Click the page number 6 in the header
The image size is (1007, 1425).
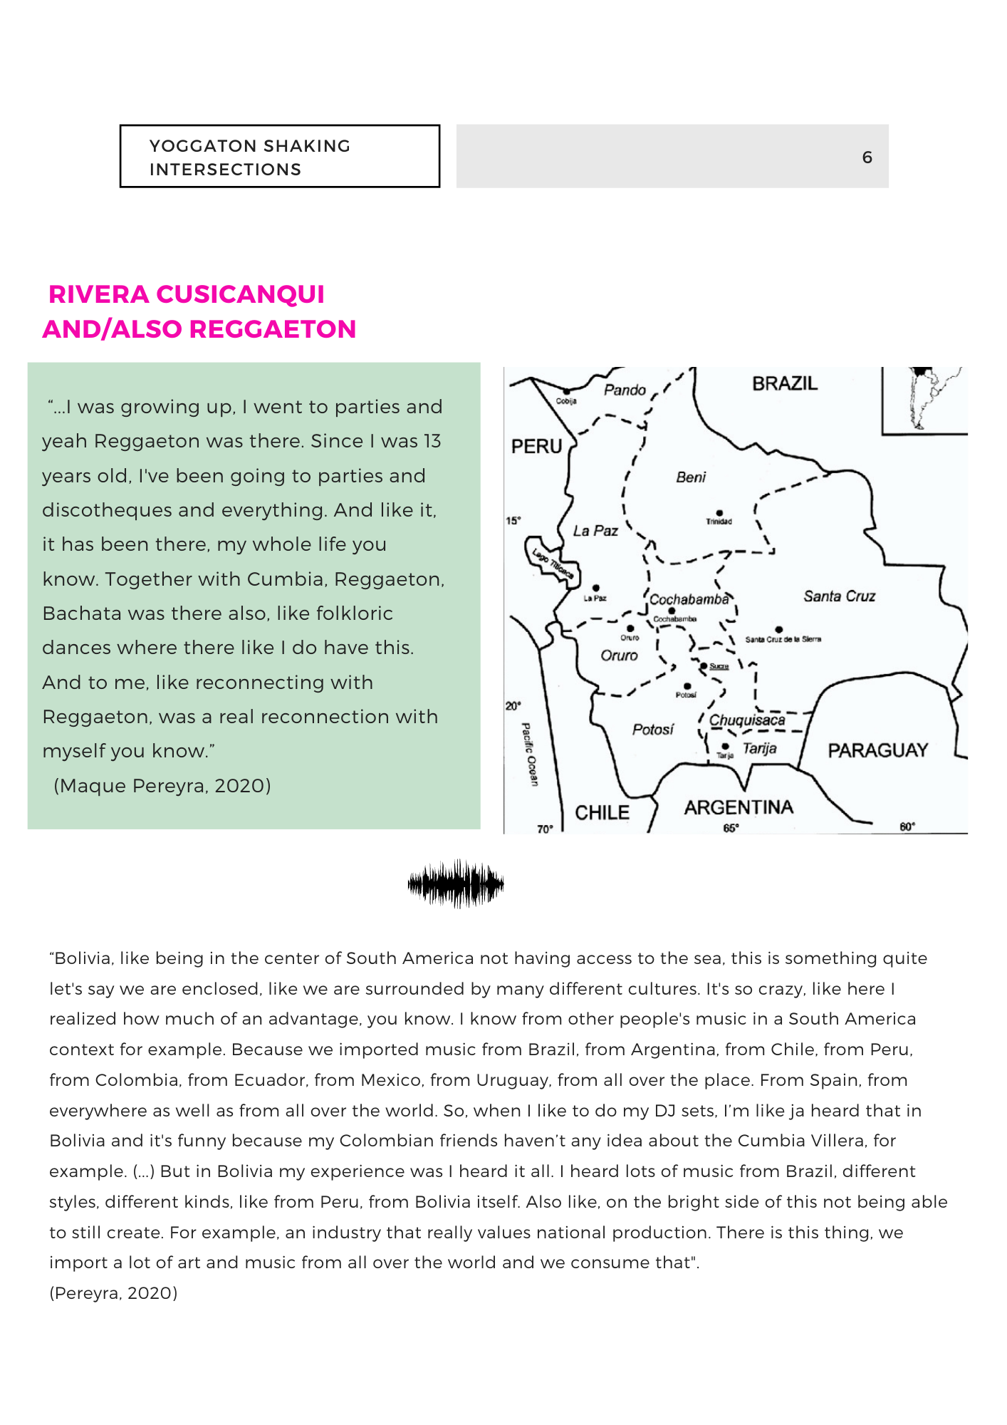click(867, 157)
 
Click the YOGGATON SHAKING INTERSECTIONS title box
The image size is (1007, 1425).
click(279, 157)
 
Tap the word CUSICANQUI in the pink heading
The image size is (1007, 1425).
click(240, 294)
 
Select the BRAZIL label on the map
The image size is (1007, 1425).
click(785, 383)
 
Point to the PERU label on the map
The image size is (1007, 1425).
click(536, 446)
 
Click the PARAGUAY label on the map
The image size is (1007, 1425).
click(877, 750)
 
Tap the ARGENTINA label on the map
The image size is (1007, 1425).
click(739, 807)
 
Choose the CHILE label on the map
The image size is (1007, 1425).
click(602, 812)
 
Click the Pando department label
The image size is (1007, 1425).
click(625, 390)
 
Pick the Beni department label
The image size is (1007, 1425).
click(691, 477)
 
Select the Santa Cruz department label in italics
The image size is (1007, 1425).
click(839, 596)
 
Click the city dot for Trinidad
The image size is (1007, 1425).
click(719, 513)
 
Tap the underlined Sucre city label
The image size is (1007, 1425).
click(719, 666)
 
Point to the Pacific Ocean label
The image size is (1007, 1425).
click(530, 754)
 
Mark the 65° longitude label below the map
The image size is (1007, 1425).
click(731, 827)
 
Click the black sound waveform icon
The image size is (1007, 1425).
click(456, 883)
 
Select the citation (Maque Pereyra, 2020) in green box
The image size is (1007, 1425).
click(162, 785)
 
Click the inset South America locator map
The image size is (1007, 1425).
click(924, 400)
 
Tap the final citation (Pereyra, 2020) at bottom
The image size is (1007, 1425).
click(113, 1293)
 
